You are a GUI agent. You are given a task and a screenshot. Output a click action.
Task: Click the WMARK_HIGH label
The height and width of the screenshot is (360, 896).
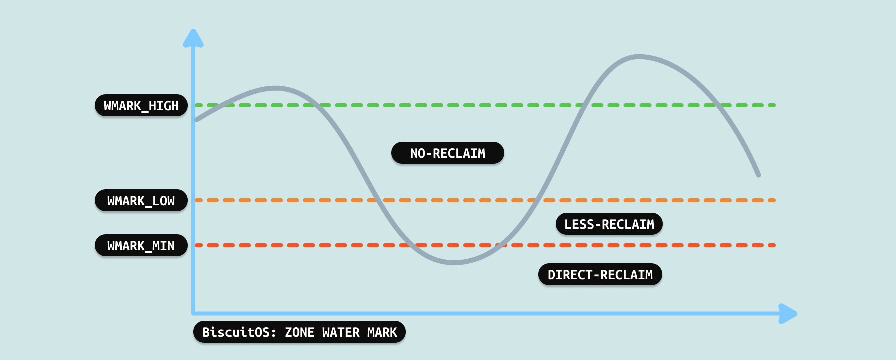[x=141, y=105]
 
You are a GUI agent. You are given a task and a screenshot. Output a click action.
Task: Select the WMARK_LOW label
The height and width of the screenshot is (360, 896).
[x=141, y=200]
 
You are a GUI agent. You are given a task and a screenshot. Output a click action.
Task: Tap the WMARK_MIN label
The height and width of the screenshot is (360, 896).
[x=141, y=245]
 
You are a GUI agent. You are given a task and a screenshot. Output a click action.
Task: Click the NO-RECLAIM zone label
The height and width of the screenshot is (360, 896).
[x=447, y=153]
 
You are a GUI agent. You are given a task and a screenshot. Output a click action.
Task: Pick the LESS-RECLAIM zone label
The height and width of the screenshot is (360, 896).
[x=609, y=224]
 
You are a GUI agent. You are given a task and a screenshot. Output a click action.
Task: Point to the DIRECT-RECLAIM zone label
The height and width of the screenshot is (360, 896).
[x=600, y=274]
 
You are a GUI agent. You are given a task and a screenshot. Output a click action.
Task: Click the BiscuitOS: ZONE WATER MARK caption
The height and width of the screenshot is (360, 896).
[x=299, y=332]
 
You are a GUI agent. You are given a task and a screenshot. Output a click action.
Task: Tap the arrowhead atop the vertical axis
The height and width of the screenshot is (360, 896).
[x=193, y=38]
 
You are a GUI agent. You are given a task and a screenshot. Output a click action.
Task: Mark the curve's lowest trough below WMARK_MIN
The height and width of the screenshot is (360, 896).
[x=454, y=262]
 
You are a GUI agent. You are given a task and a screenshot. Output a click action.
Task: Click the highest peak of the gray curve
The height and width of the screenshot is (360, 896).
[x=639, y=57]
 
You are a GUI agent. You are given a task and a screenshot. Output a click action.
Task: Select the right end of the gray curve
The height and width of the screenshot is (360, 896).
[x=758, y=175]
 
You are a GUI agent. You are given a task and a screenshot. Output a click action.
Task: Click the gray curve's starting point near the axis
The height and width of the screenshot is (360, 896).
[x=197, y=120]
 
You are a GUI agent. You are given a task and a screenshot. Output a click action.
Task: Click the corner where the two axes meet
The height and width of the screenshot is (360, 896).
[x=193, y=313]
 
